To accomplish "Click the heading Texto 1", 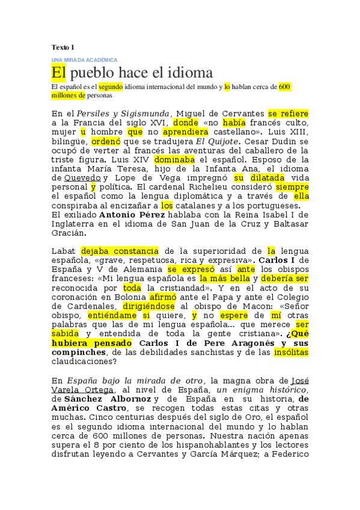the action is [x=63, y=47].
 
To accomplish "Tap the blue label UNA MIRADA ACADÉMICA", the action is [x=84, y=60].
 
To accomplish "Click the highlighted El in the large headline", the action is [x=58, y=73].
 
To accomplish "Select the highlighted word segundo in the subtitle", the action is [x=111, y=87].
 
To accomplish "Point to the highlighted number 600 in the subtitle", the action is [x=285, y=87].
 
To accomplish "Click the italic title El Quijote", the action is [x=212, y=141].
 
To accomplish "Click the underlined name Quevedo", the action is [x=82, y=178].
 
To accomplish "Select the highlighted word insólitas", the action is [x=290, y=352].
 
